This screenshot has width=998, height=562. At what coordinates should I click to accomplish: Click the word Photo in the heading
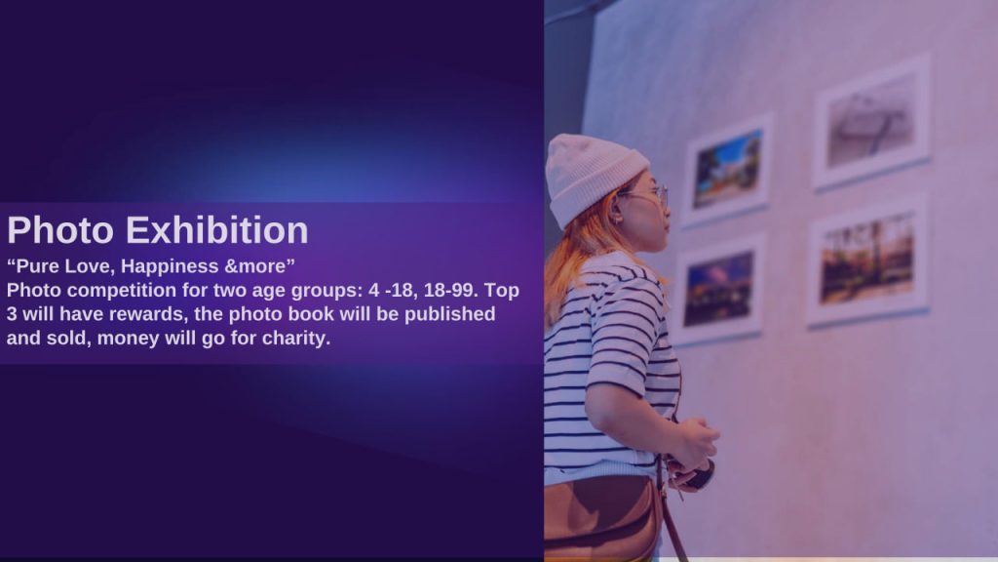coord(59,229)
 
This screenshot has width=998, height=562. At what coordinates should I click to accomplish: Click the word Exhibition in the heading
coord(217,229)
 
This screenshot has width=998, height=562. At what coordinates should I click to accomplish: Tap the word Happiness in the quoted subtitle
coord(170,266)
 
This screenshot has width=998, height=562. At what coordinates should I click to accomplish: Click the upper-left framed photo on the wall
coord(727,170)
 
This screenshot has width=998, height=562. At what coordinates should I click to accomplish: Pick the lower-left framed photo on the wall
coord(718,289)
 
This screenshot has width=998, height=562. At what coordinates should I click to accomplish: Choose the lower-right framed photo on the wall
coord(866,261)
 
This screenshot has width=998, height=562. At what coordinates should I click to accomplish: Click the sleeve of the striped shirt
coord(621,332)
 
